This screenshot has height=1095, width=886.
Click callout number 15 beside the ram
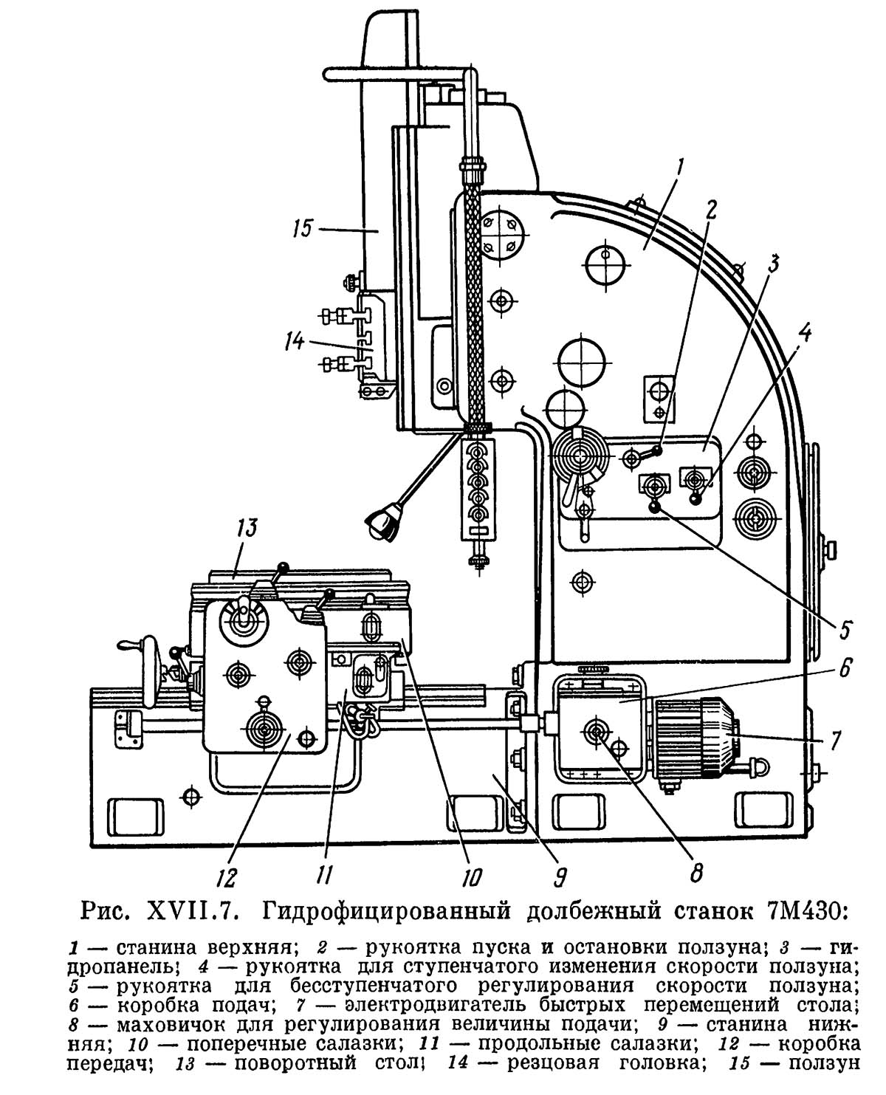point(303,228)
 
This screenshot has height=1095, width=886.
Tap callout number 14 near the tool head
point(295,342)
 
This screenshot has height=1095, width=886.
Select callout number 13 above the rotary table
point(246,529)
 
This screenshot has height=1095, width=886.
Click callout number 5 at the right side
point(845,630)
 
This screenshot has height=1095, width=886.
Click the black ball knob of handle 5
point(654,507)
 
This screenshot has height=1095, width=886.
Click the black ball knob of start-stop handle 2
point(659,450)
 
